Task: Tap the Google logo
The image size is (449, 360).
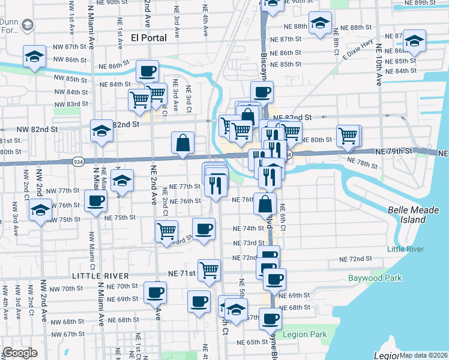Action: click(20, 353)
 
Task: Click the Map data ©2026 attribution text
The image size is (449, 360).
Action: click(424, 355)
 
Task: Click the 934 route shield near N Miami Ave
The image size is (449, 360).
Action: click(79, 161)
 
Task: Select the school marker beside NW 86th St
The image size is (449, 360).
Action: click(34, 57)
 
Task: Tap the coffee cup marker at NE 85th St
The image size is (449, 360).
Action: click(147, 72)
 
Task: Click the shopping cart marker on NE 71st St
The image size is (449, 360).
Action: click(209, 269)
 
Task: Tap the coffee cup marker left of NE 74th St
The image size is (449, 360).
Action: click(203, 229)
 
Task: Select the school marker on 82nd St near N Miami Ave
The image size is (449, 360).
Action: click(101, 130)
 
